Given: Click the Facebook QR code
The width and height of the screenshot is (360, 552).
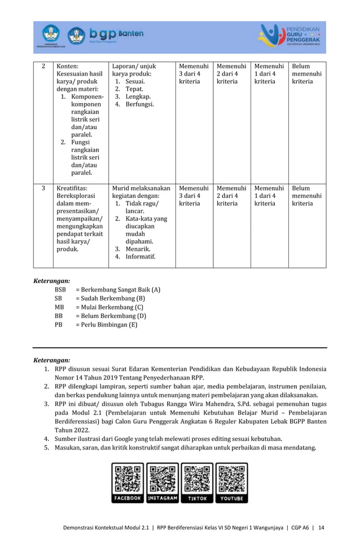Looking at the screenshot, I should (128, 478).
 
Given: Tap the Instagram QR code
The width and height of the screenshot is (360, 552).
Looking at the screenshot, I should (163, 478).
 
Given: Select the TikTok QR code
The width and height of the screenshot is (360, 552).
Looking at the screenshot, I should (197, 478).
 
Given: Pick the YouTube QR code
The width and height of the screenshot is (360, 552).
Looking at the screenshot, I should (231, 478).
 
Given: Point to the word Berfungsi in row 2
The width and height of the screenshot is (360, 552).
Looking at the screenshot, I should (139, 104).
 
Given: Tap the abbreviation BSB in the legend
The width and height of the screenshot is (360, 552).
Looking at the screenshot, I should (60, 289).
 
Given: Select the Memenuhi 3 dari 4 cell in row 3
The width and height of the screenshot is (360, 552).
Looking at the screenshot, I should (194, 196).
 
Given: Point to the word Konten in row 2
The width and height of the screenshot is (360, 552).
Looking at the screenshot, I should (68, 66).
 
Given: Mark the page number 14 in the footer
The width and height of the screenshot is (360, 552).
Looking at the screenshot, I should (321, 527).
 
